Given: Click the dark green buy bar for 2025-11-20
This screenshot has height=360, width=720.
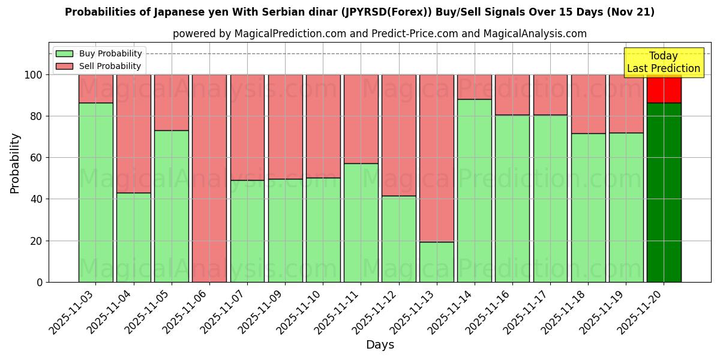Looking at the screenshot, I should click(x=664, y=192).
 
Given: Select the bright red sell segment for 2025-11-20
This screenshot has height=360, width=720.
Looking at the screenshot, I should click(x=664, y=89).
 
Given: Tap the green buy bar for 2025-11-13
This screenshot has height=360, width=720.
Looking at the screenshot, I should click(x=437, y=262).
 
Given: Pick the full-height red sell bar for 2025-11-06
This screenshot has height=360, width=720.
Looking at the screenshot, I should click(x=209, y=178).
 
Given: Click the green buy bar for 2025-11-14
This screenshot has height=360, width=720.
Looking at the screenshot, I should click(x=475, y=190).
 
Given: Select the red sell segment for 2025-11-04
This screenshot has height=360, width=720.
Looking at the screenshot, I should click(x=134, y=133).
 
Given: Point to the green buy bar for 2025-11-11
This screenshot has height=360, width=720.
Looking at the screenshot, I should click(x=361, y=223).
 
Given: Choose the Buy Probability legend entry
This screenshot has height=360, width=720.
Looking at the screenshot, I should click(x=98, y=53).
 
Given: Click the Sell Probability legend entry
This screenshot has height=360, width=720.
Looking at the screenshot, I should click(x=98, y=66).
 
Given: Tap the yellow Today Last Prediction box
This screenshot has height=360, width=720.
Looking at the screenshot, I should click(x=663, y=62).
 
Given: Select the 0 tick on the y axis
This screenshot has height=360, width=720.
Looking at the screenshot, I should click(x=40, y=282).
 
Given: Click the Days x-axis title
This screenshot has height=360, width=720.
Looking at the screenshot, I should click(x=380, y=345).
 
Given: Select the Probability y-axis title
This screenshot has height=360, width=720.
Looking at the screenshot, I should click(x=15, y=163).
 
